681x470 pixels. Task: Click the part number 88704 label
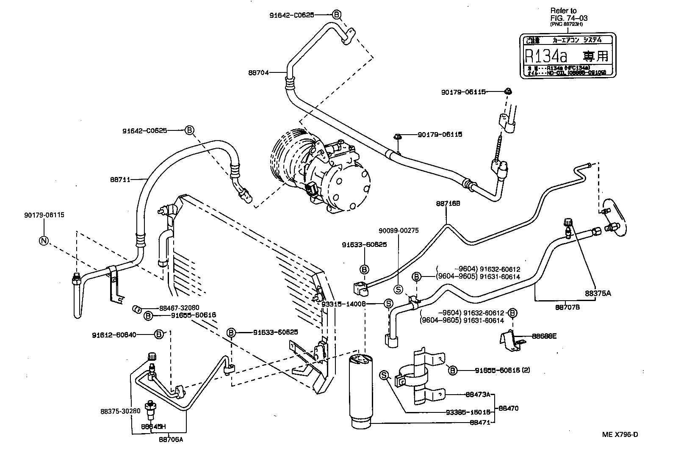coord(258,72)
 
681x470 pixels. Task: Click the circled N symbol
coord(44,241)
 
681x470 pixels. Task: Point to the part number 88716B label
coord(448,203)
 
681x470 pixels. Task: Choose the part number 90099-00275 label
coord(399,231)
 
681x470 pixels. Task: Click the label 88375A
coord(598,293)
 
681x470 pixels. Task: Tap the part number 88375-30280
coord(120,411)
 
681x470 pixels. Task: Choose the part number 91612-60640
coord(114,335)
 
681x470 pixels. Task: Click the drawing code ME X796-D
coord(620,434)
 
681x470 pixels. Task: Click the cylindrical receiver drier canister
coord(360,390)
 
